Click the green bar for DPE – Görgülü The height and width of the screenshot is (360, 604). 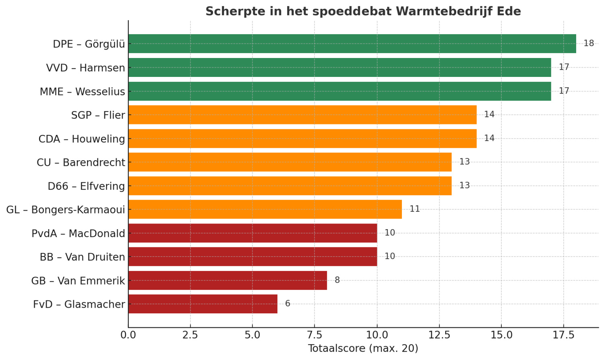352,43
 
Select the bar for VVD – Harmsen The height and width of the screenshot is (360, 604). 339,67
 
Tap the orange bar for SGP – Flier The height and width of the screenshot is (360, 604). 302,115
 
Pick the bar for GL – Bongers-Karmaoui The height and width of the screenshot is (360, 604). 265,209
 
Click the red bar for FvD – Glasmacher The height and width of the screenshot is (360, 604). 203,304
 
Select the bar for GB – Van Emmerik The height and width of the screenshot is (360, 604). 228,280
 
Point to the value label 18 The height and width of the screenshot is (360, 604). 589,43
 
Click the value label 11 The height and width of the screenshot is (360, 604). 415,209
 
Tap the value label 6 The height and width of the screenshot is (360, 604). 288,304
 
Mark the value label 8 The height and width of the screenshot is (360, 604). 337,280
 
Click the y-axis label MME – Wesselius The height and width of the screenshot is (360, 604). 82,92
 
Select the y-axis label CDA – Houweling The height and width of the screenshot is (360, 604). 82,139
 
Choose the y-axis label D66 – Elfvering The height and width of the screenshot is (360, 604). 86,186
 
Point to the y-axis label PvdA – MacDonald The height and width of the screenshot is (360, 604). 78,234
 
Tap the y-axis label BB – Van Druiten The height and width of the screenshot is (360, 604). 82,257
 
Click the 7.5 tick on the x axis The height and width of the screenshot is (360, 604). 314,335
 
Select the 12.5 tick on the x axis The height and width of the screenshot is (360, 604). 439,335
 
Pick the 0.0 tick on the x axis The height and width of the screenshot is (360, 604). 128,335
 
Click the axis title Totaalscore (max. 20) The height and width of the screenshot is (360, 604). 363,348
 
